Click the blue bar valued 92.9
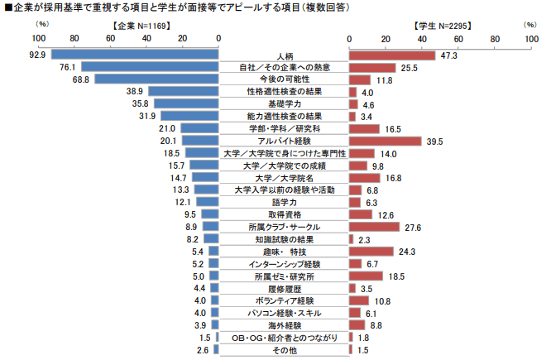pos(135,55)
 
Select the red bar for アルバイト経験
pos(386,141)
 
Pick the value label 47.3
pos(450,55)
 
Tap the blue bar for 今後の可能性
pos(156,79)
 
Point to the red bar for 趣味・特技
pos(371,252)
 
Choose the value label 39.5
pos(436,141)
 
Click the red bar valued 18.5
pos(367,276)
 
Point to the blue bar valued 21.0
pos(199,128)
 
